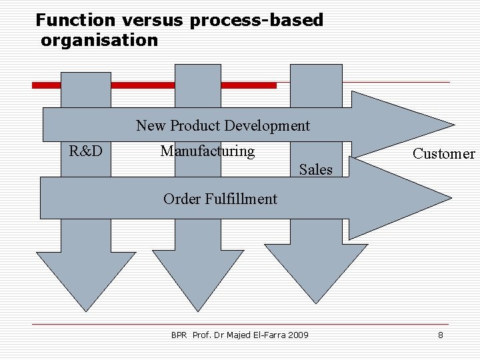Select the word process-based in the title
click(256, 20)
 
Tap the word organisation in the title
click(99, 41)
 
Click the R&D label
click(86, 151)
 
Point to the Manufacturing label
click(207, 151)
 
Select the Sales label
click(315, 169)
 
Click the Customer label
click(443, 154)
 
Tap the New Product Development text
click(223, 125)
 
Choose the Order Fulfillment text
click(220, 199)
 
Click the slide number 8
click(440, 335)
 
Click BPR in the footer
click(179, 335)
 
